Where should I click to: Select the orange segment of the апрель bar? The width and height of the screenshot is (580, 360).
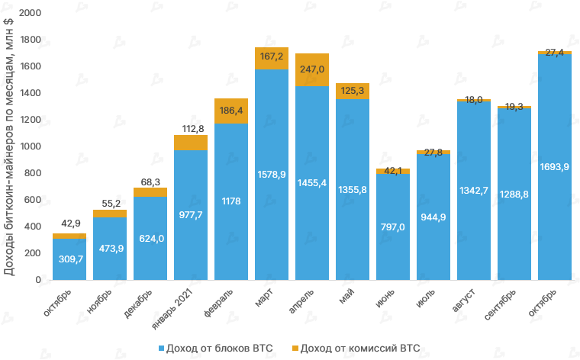tap(312, 69)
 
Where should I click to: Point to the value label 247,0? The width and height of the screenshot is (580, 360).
tap(312, 69)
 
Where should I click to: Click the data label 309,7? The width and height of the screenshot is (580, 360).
tap(69, 260)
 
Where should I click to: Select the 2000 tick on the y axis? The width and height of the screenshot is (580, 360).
tap(31, 13)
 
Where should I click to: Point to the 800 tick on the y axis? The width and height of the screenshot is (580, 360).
tap(34, 173)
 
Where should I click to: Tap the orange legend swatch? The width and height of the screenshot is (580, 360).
tap(295, 349)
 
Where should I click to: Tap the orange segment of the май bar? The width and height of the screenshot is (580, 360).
tap(353, 91)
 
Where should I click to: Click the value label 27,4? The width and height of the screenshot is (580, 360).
tap(555, 52)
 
